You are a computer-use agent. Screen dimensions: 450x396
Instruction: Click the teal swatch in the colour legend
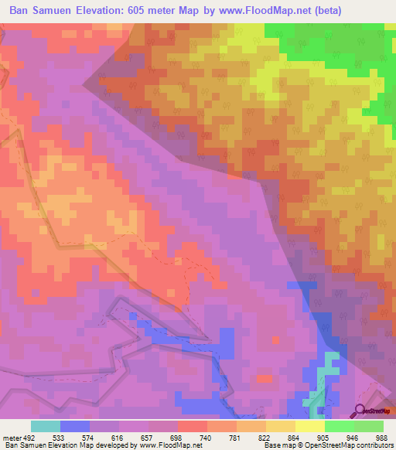(x=45, y=426)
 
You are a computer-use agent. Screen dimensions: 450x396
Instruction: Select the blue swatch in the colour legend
(x=74, y=426)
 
